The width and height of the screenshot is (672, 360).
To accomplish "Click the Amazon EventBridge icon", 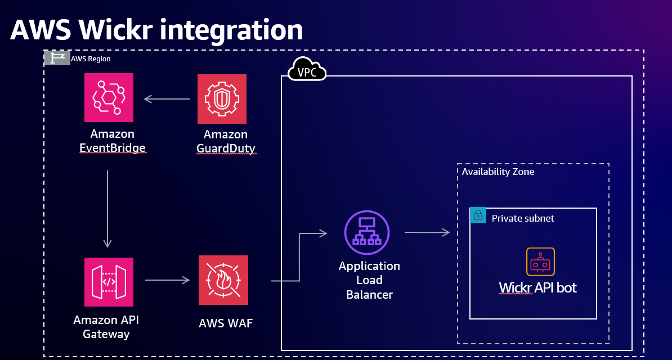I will click(109, 98).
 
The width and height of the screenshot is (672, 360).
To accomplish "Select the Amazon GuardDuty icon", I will click(222, 99).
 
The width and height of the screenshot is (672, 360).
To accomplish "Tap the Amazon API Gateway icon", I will click(109, 281).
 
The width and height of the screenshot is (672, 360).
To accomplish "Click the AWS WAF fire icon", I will click(223, 280).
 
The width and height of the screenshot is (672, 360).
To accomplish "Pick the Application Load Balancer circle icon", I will click(366, 232).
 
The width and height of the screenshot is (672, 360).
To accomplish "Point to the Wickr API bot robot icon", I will click(540, 262).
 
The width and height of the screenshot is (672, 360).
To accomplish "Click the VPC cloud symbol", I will click(307, 70).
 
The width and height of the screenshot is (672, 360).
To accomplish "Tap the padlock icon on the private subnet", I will click(478, 215).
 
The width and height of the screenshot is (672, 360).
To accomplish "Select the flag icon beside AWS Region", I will click(57, 58).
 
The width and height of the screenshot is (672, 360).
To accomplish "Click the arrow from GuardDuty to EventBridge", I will click(167, 99).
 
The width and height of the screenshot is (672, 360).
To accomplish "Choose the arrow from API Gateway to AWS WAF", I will click(168, 280).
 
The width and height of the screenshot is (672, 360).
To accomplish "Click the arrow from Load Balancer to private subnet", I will click(427, 232).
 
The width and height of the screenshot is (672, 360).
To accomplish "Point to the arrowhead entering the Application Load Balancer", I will click(323, 232).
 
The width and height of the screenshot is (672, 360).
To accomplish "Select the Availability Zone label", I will click(498, 172).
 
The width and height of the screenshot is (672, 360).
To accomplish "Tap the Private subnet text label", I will click(523, 218).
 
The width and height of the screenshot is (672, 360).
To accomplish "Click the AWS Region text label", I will click(91, 58).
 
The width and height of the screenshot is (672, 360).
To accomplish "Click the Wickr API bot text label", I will click(537, 288).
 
